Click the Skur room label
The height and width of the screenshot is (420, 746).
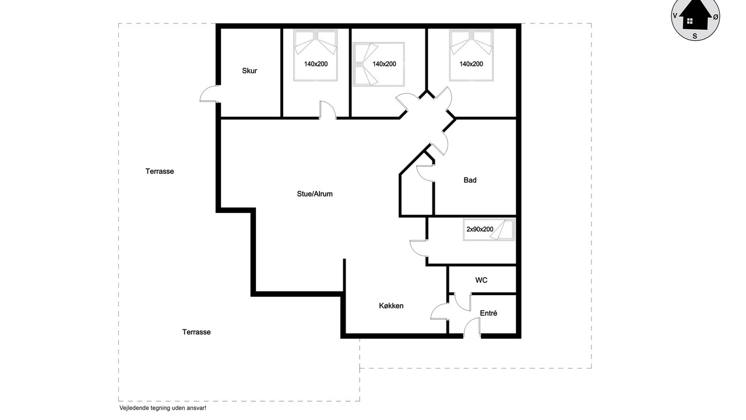[249, 71]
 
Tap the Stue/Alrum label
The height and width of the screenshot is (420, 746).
[315, 194]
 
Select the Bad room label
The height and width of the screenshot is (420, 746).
[470, 180]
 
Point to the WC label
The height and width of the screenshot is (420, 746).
[481, 280]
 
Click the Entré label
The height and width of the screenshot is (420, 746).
[488, 313]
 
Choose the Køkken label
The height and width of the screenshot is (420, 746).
[391, 306]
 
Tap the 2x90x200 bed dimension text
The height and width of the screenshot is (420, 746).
[480, 229]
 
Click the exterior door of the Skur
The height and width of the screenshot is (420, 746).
[209, 94]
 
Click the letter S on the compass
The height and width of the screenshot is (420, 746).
[695, 36]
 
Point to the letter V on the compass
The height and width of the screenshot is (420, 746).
[675, 15]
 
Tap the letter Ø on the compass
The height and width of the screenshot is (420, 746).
[715, 17]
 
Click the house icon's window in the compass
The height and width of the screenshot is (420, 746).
[689, 21]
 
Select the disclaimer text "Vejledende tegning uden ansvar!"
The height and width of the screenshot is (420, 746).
[163, 408]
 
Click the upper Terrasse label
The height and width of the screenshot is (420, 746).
[160, 171]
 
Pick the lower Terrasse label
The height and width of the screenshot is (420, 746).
[196, 332]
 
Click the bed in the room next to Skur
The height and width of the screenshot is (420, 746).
[315, 55]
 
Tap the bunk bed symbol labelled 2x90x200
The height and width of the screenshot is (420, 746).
[488, 229]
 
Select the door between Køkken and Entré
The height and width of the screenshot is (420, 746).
[439, 311]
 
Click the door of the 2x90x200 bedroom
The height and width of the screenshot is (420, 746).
[418, 249]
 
